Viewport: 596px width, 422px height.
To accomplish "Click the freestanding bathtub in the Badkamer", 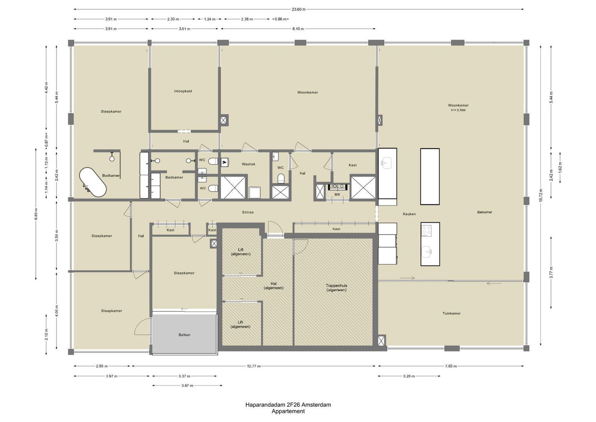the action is (x=93, y=182).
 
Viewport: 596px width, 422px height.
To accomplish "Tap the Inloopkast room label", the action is (x=183, y=91).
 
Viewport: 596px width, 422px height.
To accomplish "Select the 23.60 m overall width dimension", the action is (x=299, y=9).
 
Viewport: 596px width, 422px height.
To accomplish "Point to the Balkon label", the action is (x=184, y=335).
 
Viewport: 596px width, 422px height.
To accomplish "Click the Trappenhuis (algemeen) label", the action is (x=336, y=288).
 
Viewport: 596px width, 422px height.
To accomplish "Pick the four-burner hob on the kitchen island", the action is (x=427, y=231).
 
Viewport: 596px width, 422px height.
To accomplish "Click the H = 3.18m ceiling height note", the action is (x=458, y=110).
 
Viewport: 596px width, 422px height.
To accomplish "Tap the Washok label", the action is (x=249, y=164).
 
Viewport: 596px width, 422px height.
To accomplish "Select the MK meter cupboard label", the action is (x=337, y=195).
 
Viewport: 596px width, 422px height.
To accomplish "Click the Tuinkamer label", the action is (x=452, y=313).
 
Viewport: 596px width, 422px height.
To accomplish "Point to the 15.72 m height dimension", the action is (x=541, y=195).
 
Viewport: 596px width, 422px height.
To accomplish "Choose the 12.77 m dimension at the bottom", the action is (x=254, y=366).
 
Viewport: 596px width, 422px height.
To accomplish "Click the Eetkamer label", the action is (x=484, y=212).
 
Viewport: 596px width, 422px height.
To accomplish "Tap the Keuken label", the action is (x=409, y=214).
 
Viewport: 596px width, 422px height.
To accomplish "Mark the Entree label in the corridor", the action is (x=248, y=212).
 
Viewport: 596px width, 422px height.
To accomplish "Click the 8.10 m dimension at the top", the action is (x=298, y=29).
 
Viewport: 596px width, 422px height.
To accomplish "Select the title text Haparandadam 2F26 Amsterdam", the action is (x=288, y=405).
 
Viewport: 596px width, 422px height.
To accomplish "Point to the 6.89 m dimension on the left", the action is (x=36, y=214).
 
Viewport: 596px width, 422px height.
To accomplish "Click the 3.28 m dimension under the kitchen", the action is (x=409, y=376).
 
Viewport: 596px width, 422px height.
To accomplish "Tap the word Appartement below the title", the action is (x=288, y=411).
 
